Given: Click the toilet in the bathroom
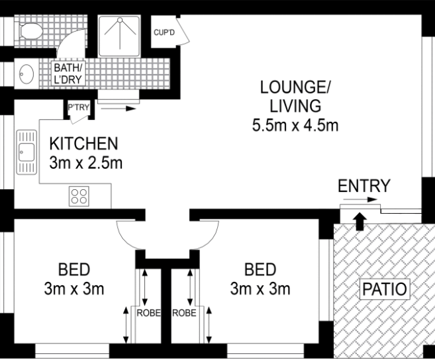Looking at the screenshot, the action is click(30, 31).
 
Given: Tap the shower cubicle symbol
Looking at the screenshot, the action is click(120, 36).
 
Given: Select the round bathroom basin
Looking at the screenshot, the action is click(26, 74).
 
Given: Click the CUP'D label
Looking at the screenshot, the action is click(164, 32).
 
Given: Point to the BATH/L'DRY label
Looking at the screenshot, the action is click(68, 73).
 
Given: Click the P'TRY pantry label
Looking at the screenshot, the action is click(79, 107).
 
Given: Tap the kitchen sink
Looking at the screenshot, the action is click(26, 152).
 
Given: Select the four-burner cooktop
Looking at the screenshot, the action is click(79, 196).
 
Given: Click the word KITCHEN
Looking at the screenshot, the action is click(84, 144).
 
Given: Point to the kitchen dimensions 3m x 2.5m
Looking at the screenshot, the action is click(85, 163).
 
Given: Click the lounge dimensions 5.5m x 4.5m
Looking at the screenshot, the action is click(295, 125).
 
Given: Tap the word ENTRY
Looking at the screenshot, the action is click(364, 186).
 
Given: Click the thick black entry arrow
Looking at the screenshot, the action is click(360, 221).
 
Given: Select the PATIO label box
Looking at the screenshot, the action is click(385, 289).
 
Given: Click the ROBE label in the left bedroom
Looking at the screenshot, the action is click(149, 313).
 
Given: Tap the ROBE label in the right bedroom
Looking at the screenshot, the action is click(184, 313).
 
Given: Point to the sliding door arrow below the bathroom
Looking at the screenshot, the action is click(119, 109).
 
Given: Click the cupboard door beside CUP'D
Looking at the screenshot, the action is click(183, 30).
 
